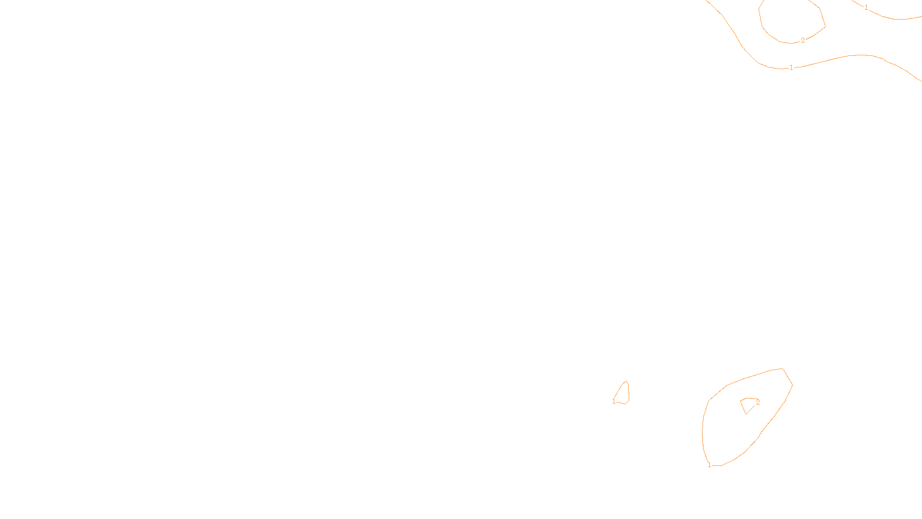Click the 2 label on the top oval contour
803,40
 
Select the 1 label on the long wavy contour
791,67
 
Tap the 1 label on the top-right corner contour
866,7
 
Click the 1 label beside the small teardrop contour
614,401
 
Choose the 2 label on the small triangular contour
758,403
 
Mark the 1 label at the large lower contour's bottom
709,465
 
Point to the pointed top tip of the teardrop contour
626,381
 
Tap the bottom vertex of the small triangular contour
746,413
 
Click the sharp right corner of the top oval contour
825,26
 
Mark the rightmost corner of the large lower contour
792,385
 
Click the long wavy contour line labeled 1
847,56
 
